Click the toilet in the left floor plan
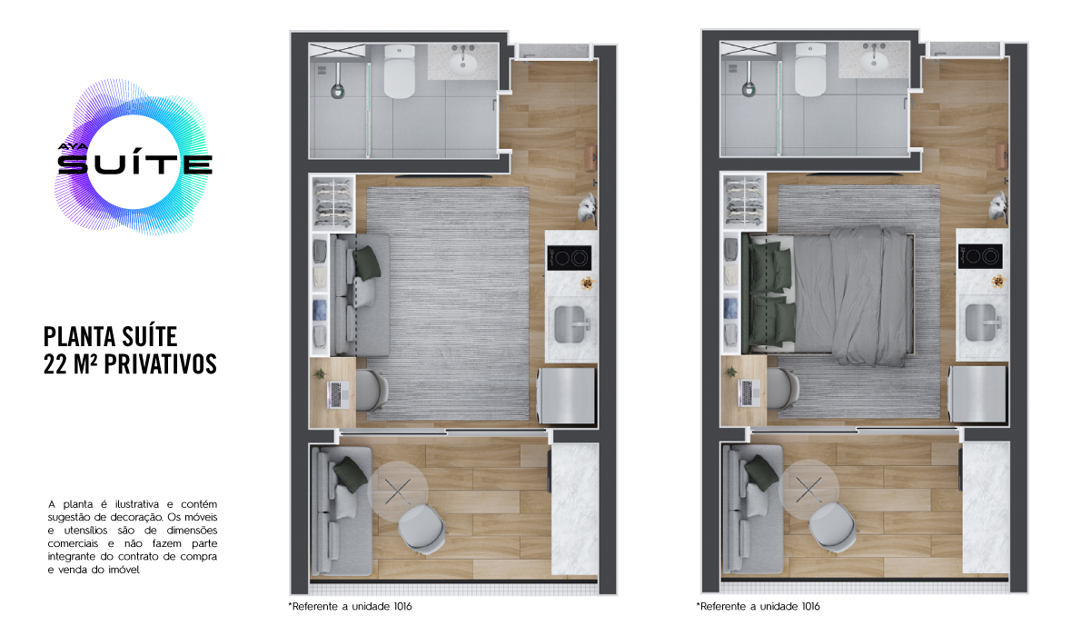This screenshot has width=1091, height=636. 400,71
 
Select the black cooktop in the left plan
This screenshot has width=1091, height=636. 569,258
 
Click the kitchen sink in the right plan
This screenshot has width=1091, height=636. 981,323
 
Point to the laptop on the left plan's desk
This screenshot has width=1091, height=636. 339,394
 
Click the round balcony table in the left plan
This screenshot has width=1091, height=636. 398,492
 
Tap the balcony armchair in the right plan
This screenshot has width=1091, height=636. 832,527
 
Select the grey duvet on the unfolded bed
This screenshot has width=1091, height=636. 869,294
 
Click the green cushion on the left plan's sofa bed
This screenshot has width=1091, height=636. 367,263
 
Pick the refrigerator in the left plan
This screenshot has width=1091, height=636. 566,395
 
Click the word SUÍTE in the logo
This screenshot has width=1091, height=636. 135,164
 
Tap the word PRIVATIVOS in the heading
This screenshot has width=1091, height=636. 160,363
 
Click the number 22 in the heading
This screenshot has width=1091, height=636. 55,363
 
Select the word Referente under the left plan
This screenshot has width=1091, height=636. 314,606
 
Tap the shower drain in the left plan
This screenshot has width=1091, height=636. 337,90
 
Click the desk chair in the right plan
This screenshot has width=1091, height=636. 782,388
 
